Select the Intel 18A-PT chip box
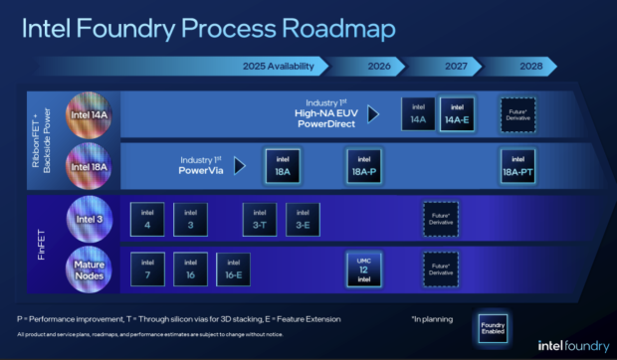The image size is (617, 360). pos(518,165)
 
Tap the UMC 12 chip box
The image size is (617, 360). pos(364,269)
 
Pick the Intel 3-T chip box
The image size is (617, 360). pos(260,219)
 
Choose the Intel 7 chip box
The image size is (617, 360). pos(147,268)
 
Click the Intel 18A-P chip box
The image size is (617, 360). pos(364,165)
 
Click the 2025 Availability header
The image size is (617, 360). pos(285,67)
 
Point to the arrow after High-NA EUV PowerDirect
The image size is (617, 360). pos(373,114)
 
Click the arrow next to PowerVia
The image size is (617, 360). pos(241,165)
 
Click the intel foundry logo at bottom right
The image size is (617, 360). pos(558,345)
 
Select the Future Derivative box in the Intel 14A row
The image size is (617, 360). pos(517,113)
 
